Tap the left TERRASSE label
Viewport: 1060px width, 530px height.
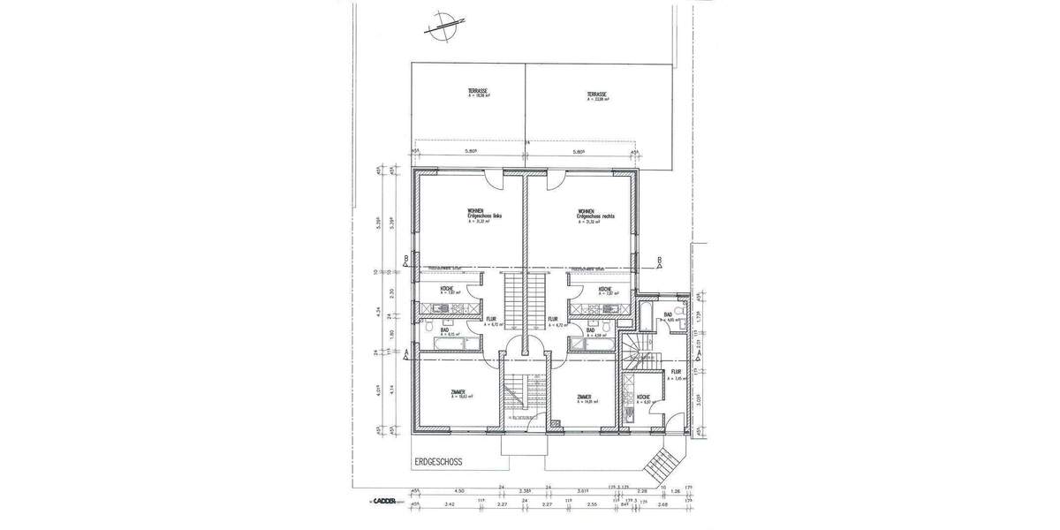point(479,95)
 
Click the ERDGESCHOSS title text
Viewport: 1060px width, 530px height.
point(436,461)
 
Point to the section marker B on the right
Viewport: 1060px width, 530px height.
point(659,260)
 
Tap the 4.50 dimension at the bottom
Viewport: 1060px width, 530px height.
point(459,491)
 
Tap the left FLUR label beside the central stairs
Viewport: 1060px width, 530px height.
point(492,320)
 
